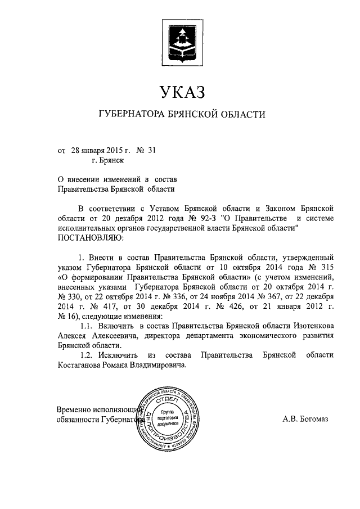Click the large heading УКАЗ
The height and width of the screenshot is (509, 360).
pos(180,91)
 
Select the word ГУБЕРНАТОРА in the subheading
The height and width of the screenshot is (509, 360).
pos(132,115)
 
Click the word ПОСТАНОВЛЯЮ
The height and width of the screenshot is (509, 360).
pos(90,238)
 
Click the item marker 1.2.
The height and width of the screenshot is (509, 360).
pos(87,355)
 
